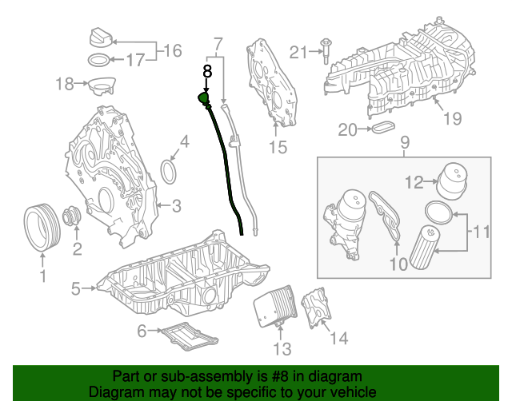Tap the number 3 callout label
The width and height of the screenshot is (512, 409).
coord(177,206)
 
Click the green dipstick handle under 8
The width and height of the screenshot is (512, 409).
coord(203,100)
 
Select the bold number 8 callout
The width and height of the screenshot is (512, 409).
coord(207,70)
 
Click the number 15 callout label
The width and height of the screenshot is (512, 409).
coord(277,147)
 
